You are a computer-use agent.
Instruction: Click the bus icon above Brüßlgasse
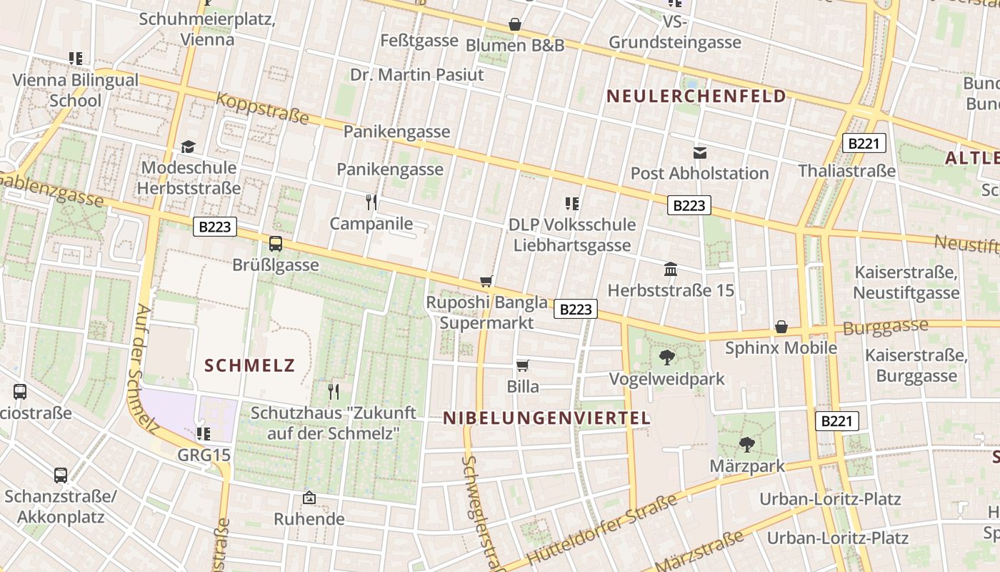coord(276,244)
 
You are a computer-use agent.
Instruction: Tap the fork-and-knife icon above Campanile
coord(371,202)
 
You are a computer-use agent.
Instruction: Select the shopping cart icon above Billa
coord(523,366)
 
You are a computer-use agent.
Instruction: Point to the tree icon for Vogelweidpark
coord(667,357)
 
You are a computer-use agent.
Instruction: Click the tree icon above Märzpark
coord(747,445)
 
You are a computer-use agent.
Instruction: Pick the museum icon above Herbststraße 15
coord(671,270)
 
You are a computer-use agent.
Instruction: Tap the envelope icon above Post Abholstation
coord(699,152)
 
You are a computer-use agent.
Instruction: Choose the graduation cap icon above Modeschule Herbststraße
coord(188,147)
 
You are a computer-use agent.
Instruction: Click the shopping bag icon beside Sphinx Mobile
coord(781,327)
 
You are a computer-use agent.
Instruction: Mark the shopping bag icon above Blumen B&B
coord(515,25)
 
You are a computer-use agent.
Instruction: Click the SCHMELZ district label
coord(250,366)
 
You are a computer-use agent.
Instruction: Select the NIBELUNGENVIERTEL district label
coord(547,418)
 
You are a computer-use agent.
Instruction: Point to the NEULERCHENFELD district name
coord(696,97)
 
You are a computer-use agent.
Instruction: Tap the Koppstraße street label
coord(262,108)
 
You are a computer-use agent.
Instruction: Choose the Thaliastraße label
coord(846,171)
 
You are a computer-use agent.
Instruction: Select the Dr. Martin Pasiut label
coord(417,74)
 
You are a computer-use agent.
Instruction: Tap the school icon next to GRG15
coord(204,433)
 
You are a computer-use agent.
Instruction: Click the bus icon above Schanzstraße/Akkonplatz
coord(61,475)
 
